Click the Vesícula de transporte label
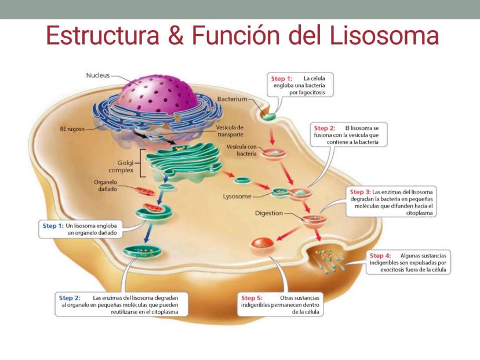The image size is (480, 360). point(230,131)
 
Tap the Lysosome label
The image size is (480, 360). point(237,196)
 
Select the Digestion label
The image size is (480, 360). point(268,213)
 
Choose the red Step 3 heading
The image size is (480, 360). point(359,192)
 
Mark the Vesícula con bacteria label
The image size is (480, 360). point(242,150)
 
